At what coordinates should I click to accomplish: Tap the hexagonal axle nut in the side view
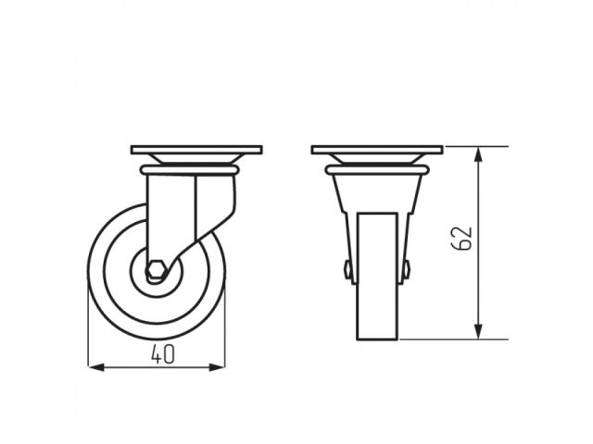pos(157,272)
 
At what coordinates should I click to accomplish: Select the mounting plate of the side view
pos(196,149)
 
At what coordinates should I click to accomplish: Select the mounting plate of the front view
pos(376,149)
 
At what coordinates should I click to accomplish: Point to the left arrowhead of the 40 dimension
pos(94,367)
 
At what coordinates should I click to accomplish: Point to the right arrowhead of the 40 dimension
pos(221,367)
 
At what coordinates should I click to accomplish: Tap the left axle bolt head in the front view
pos(347,270)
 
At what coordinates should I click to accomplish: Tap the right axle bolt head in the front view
pos(406,270)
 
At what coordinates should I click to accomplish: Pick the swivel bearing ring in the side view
pos(189,170)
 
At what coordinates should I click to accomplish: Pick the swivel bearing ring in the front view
pos(376,170)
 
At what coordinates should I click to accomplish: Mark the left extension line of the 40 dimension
pos(89,324)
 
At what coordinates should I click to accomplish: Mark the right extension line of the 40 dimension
pos(225,324)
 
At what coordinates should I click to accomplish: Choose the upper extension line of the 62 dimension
pos(473,146)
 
